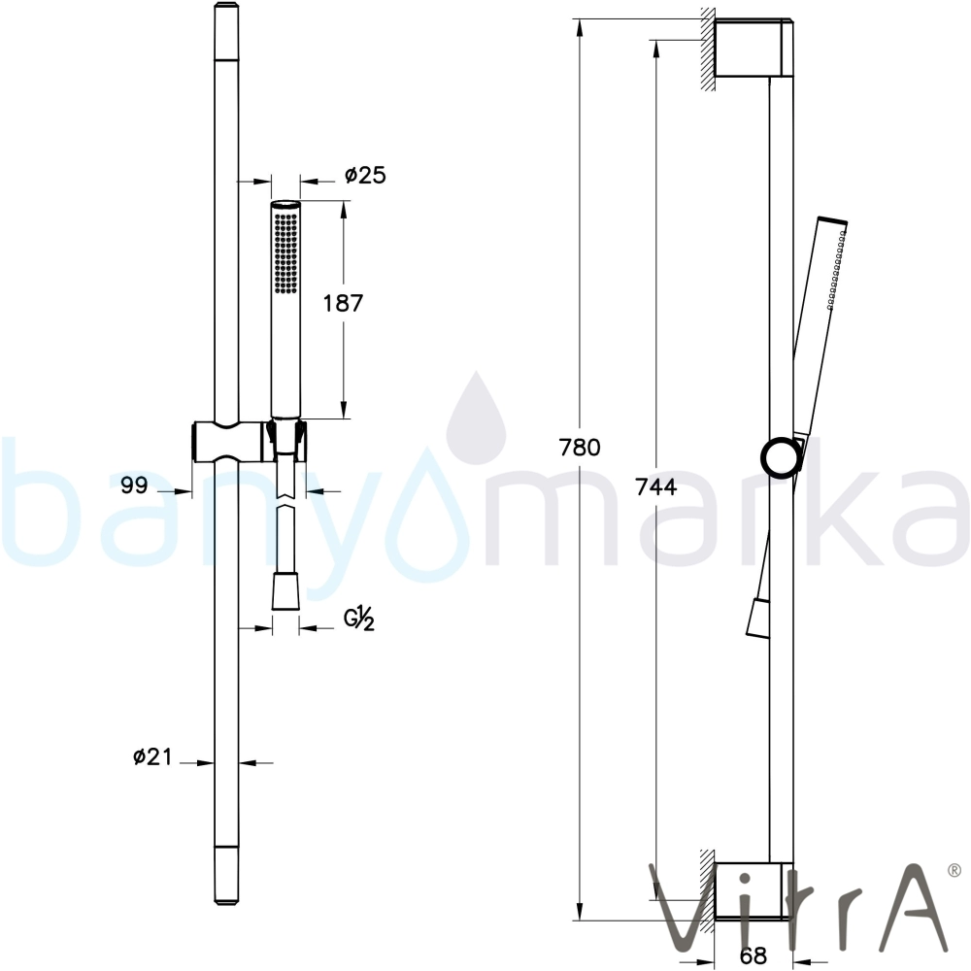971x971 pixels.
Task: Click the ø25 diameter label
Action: point(365,175)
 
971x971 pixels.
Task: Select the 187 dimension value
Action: point(343,303)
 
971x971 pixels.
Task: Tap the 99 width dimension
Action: point(134,485)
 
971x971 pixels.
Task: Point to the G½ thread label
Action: point(360,619)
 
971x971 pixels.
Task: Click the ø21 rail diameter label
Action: point(151,756)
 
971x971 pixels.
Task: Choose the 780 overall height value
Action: point(580,447)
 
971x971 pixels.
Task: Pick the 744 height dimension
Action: point(656,488)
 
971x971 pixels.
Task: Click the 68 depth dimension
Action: point(753,955)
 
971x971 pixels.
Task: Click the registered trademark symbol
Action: point(954,869)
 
